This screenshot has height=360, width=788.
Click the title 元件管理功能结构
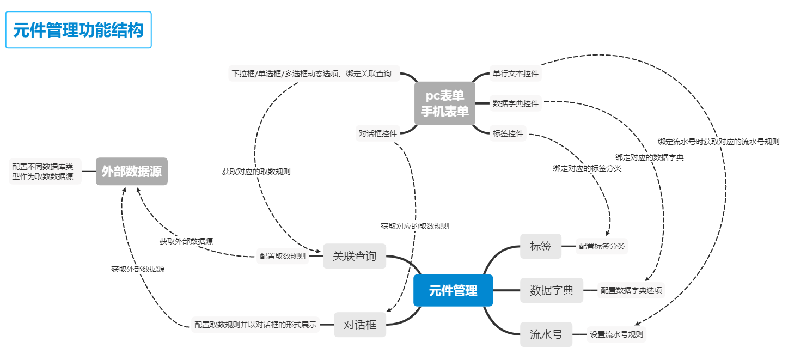point(78,30)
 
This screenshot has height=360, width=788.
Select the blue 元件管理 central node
point(453,291)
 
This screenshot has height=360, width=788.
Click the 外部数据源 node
point(132,172)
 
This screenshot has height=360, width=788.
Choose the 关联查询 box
point(354,256)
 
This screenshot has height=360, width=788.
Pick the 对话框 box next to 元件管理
point(360,325)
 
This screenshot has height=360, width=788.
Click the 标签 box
point(541,246)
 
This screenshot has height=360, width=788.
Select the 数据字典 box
point(552,290)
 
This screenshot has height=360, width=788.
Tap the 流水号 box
point(546,334)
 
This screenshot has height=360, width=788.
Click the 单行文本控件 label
point(515,74)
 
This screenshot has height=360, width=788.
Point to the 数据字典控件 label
point(515,103)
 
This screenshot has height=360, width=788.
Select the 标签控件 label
point(508,133)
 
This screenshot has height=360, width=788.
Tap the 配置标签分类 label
point(602,246)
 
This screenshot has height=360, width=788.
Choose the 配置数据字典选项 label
point(631,290)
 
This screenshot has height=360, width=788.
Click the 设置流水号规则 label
point(616,334)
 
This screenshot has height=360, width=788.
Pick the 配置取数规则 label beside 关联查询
point(283,256)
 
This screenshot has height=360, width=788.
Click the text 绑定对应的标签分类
point(587,168)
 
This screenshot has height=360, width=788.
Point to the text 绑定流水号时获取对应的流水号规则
point(718,142)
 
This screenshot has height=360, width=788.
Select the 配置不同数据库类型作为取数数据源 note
point(46,172)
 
